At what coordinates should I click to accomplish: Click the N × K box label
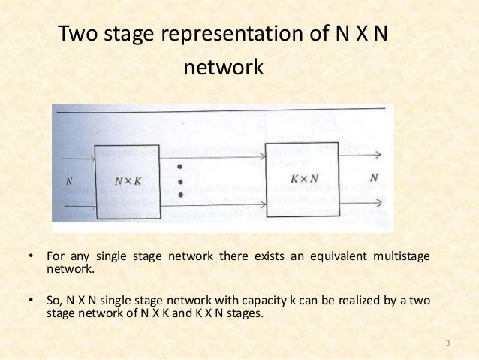(128, 180)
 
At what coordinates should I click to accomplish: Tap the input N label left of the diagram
(70, 180)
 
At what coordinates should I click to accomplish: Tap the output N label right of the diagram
(373, 178)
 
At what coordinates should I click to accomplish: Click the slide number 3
(447, 344)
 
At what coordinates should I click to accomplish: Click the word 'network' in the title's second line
(223, 68)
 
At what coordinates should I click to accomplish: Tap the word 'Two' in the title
(77, 35)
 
